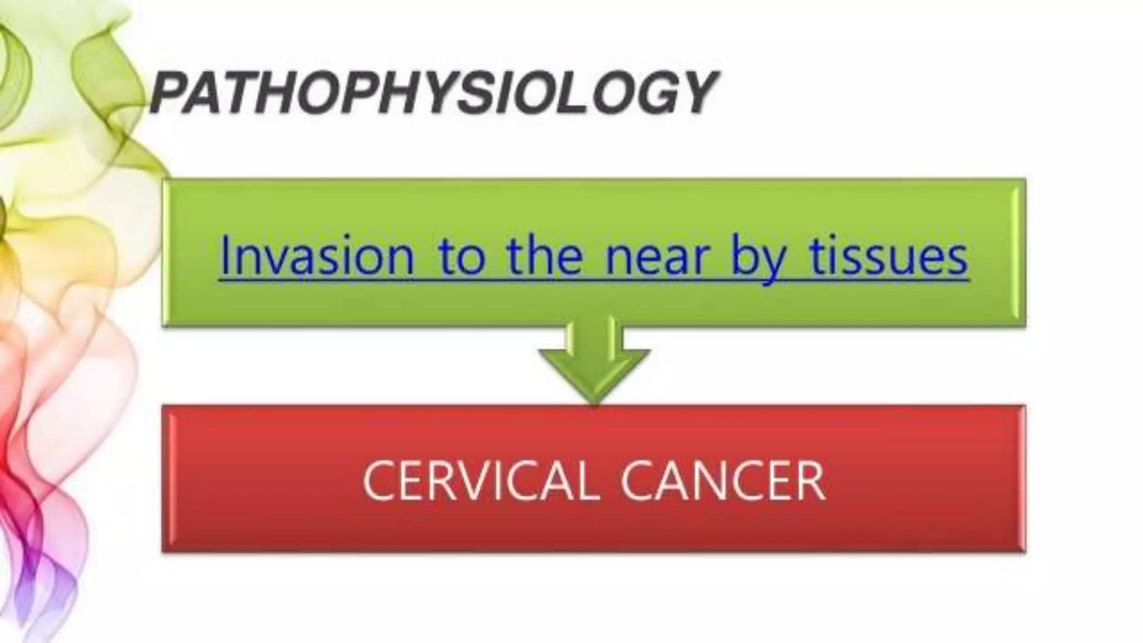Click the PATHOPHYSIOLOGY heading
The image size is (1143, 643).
(433, 92)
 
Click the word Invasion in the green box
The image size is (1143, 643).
(316, 256)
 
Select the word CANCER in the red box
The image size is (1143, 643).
(723, 481)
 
